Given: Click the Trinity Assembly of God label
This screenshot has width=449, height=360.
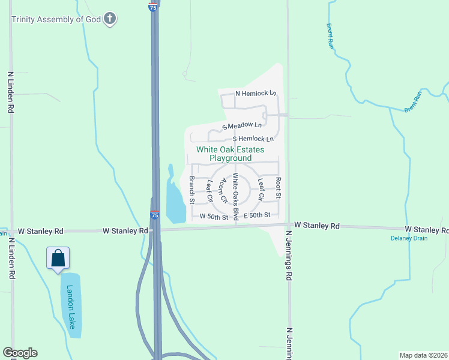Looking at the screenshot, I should tap(55, 19).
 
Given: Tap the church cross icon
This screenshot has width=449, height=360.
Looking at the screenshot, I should tap(109, 19).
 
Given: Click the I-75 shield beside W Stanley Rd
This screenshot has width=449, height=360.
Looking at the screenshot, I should tap(154, 215).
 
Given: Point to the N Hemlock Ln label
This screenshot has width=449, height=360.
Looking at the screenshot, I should tap(256, 93).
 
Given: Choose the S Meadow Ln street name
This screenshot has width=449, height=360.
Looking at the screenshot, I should tap(243, 125).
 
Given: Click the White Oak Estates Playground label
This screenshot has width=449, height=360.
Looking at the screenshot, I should tap(231, 154).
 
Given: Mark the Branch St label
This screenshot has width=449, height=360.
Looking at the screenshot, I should tap(191, 189).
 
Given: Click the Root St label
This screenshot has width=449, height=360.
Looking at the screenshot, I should tap(278, 188).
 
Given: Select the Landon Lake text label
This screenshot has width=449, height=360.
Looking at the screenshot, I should tap(71, 306).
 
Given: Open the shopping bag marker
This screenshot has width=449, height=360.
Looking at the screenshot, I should tap(58, 258).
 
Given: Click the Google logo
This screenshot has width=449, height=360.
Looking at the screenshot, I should tap(20, 353).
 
